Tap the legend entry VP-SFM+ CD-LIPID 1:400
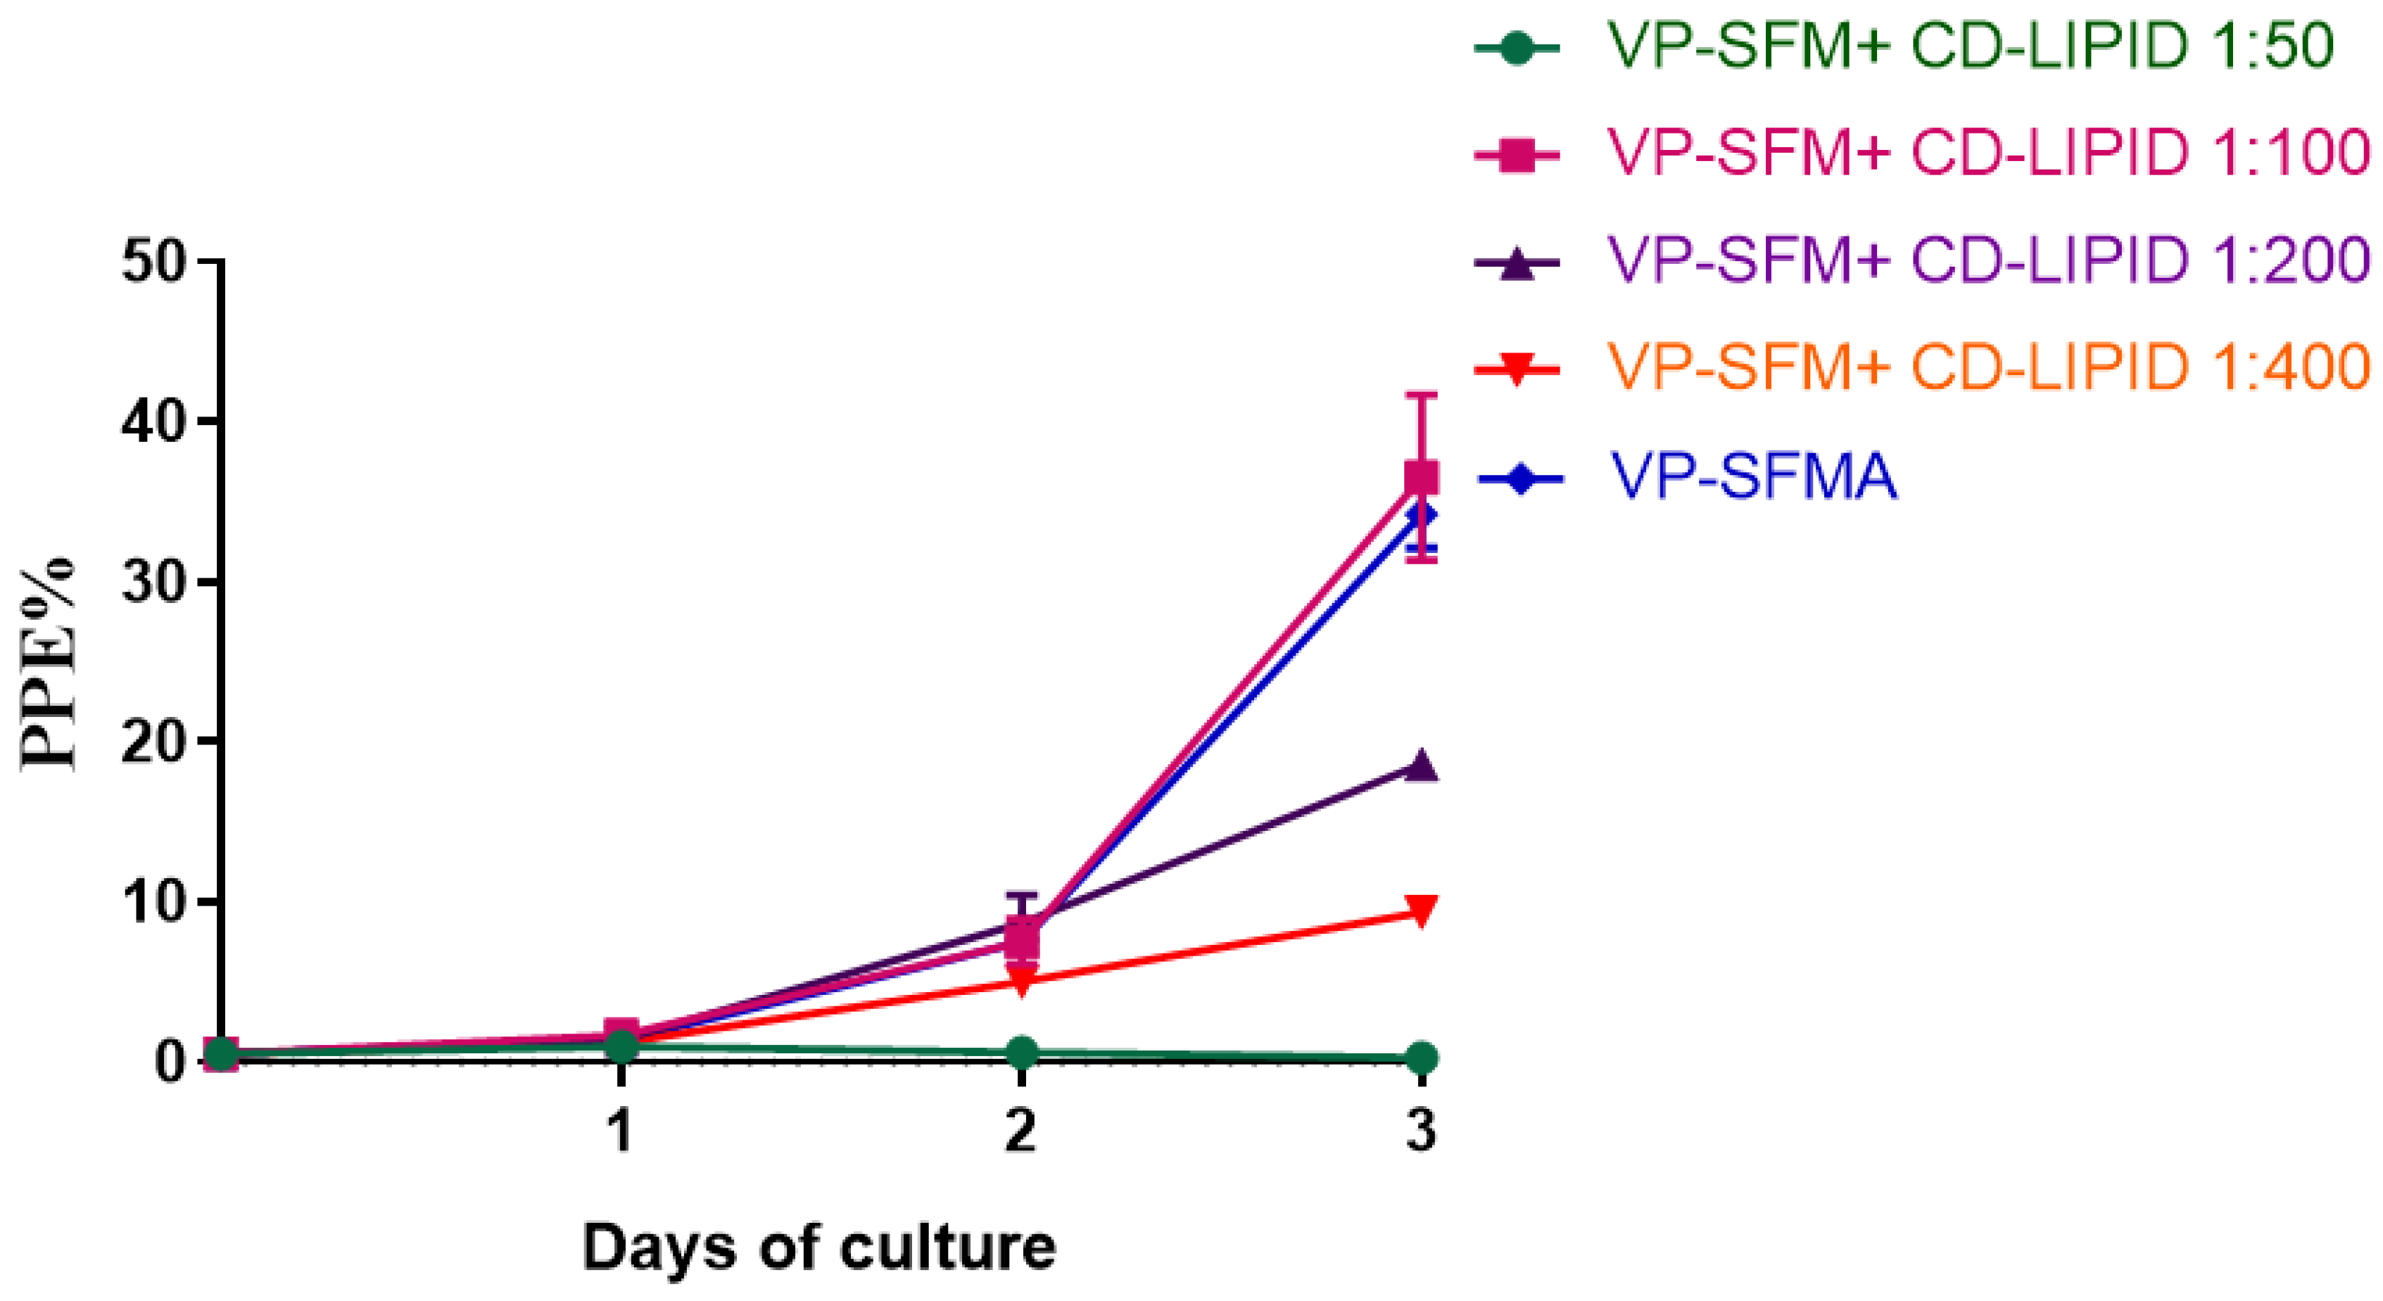(1989, 367)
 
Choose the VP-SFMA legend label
(1754, 477)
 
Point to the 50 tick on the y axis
(155, 262)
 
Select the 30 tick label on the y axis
(155, 582)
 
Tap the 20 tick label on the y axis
(155, 742)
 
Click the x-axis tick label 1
(621, 1129)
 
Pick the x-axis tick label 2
(1020, 1129)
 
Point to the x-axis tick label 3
(1421, 1129)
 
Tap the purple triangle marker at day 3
(1421, 766)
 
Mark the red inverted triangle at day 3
(1421, 910)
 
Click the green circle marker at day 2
(1021, 1052)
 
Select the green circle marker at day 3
(1421, 1058)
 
